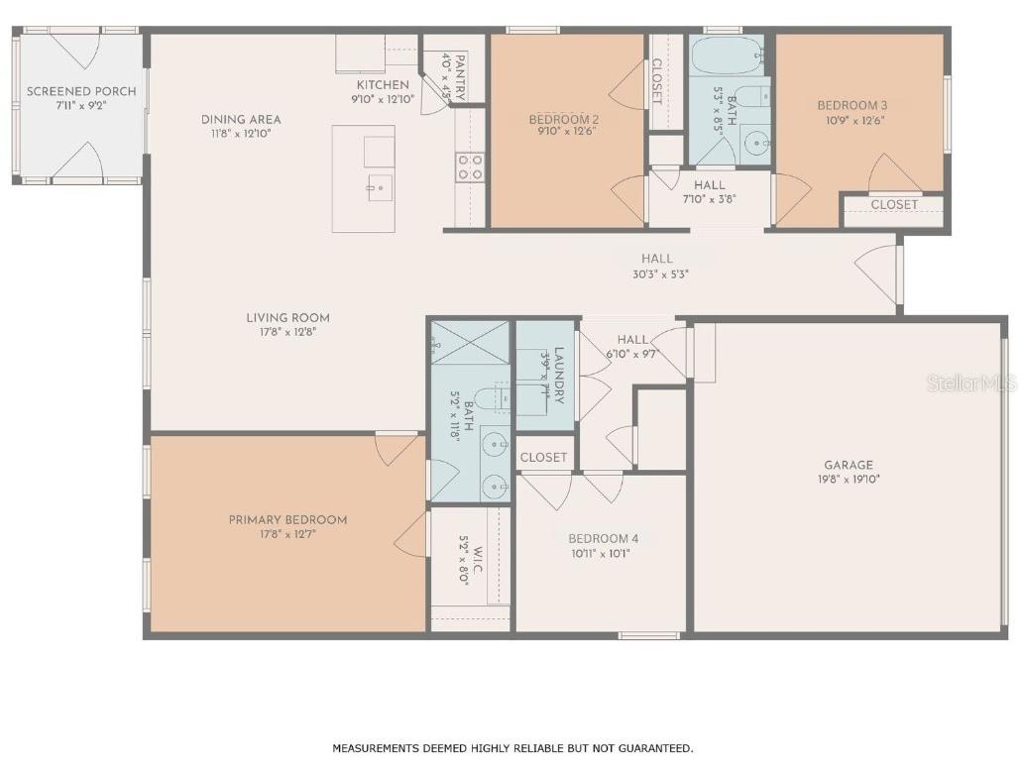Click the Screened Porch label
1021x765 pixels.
coord(81,91)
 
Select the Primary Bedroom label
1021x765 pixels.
coord(287,520)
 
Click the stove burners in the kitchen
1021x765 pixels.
coord(470,166)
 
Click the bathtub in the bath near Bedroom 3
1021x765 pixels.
coord(726,57)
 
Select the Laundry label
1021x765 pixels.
coord(559,375)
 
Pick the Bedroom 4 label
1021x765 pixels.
coord(603,539)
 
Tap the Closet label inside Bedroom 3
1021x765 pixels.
coord(893,205)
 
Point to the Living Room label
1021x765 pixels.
coord(287,318)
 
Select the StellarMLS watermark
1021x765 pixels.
coord(970,382)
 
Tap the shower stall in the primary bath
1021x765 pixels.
coord(470,341)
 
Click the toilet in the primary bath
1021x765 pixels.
coord(490,399)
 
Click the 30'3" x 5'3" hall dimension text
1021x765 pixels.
coord(656,274)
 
